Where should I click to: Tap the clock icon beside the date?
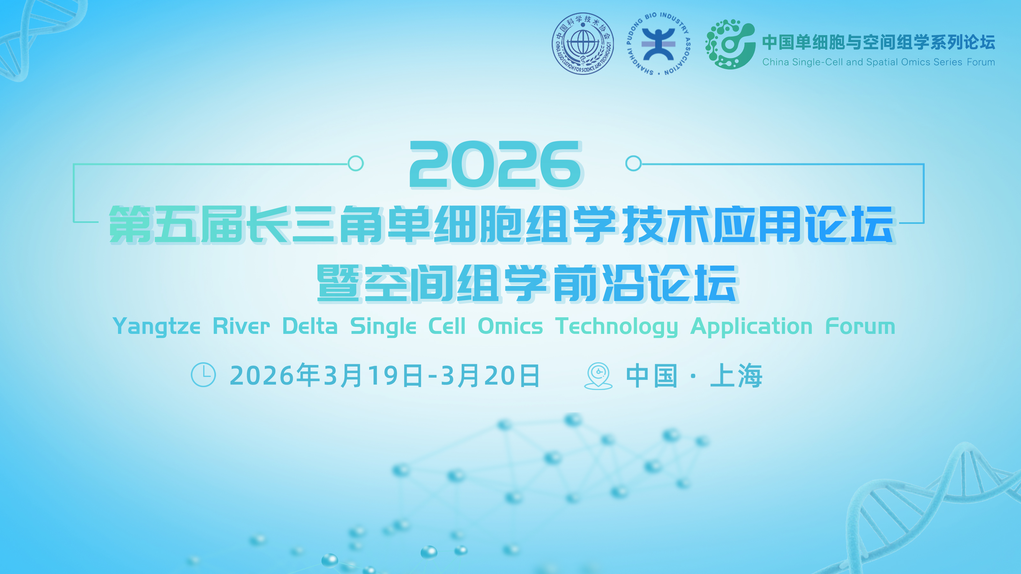click(x=203, y=375)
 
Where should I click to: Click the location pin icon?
click(x=598, y=376)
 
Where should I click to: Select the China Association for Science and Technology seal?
click(x=583, y=44)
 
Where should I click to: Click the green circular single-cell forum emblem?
click(x=730, y=44)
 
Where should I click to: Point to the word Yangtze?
click(x=157, y=327)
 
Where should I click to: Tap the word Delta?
click(x=310, y=327)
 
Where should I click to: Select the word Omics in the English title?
click(x=510, y=327)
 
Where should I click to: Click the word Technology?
click(x=616, y=327)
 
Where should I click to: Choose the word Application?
click(x=751, y=327)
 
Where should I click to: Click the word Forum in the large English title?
click(x=860, y=327)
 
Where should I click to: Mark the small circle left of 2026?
click(x=355, y=163)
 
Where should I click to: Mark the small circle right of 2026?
click(x=633, y=163)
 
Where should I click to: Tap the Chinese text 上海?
click(x=736, y=376)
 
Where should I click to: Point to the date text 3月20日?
click(x=490, y=376)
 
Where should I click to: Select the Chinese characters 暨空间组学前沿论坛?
click(x=527, y=283)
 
